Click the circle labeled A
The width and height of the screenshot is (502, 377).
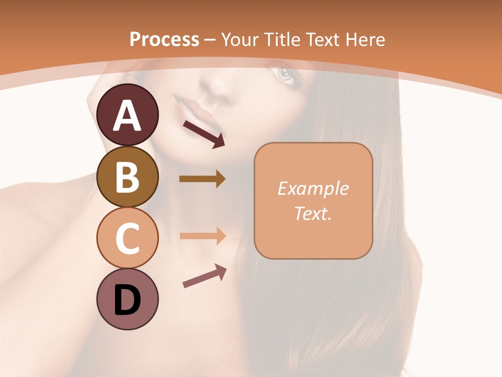(127, 115)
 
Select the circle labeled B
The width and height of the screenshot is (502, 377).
(127, 176)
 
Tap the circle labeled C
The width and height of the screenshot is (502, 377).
(127, 238)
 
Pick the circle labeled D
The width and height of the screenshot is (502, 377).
(127, 299)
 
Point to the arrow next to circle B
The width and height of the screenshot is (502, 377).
(202, 179)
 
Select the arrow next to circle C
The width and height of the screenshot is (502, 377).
(202, 236)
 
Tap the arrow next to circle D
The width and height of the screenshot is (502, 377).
(204, 276)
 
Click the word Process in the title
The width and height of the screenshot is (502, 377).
(164, 39)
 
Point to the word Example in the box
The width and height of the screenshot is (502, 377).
(313, 188)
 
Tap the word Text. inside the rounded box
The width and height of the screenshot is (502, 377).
(313, 213)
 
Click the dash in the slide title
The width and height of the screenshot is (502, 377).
(210, 40)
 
